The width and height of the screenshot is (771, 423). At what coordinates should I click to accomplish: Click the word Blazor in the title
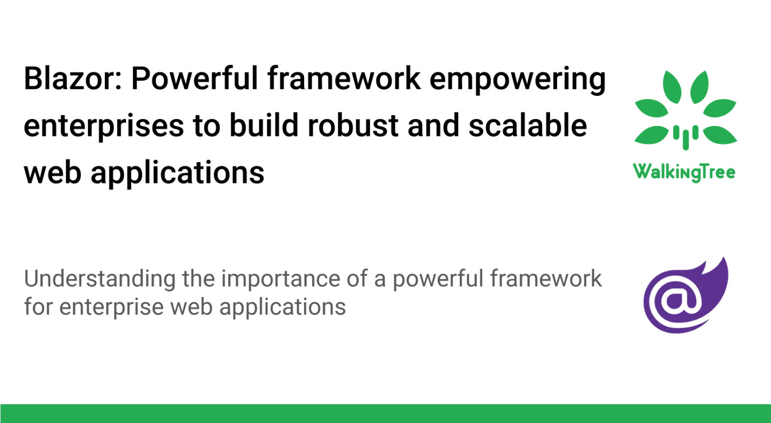72,79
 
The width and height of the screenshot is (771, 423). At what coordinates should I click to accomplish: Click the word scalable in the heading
528,125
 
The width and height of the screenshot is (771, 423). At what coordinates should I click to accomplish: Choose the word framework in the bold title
344,79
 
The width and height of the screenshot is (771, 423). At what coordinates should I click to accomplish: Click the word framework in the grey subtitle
546,279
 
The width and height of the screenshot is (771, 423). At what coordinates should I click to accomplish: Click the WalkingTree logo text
684,172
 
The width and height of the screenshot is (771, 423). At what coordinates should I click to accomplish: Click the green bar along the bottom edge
385,413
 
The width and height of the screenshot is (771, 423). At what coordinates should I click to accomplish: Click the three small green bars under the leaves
685,136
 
